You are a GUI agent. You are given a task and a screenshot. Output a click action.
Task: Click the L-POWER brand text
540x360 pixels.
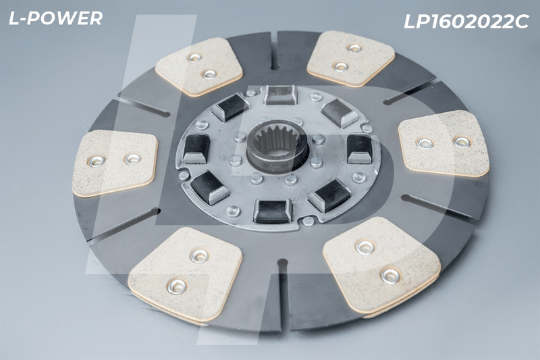click(55, 18)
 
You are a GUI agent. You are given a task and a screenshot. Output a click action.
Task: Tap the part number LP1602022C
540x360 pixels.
click(466, 22)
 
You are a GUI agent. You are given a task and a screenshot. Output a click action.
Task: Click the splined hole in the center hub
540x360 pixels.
click(277, 147)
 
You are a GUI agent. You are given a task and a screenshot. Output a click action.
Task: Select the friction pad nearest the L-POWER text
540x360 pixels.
click(199, 66)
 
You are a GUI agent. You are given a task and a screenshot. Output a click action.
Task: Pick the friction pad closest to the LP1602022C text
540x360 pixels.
click(350, 58)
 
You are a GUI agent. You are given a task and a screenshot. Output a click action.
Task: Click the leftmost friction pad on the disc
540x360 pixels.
click(115, 163)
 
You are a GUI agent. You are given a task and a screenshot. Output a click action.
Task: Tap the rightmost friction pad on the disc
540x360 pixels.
click(443, 143)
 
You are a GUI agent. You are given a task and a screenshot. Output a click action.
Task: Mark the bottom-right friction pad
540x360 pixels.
click(381, 265)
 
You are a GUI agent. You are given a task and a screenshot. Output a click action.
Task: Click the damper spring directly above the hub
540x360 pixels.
click(280, 95)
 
